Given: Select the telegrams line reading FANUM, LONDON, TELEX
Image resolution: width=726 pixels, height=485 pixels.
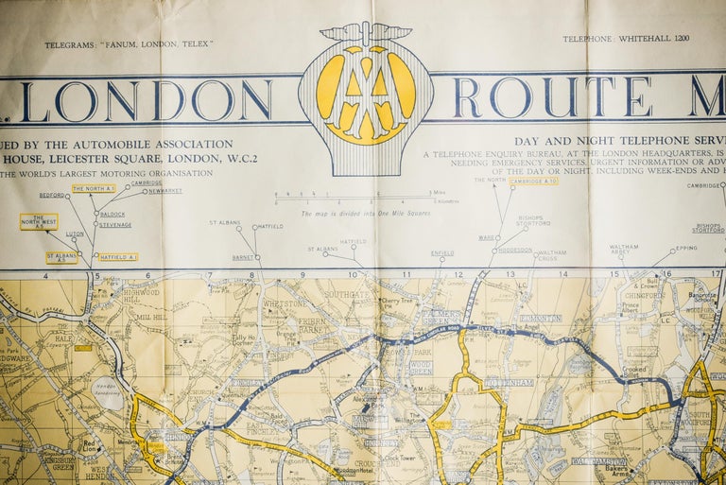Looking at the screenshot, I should point(129,44).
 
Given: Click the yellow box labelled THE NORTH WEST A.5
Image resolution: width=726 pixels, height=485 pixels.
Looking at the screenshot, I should point(39,221).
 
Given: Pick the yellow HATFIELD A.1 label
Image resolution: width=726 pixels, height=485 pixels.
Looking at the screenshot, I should point(118,257).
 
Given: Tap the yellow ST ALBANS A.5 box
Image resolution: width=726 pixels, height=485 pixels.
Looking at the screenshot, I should point(61,257).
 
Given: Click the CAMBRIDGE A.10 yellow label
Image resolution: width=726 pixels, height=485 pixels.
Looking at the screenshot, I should point(533,181).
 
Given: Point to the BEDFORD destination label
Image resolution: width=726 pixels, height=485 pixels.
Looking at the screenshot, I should point(51,195).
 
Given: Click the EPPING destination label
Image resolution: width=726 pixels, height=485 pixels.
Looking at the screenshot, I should point(686,248).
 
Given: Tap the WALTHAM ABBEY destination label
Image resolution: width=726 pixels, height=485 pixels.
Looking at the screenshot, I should point(623,250).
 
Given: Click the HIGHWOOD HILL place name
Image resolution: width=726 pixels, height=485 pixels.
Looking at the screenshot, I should point(141,296).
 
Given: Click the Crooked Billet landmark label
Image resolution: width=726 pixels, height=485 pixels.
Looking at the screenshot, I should point(634,371).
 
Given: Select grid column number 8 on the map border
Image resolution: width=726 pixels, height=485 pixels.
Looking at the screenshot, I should point(252,275).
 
